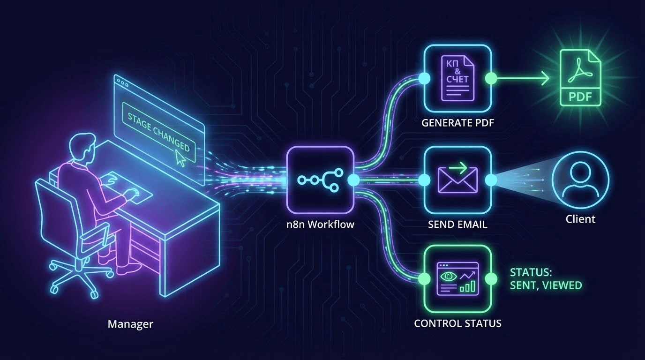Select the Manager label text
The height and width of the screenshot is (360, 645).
pyautogui.click(x=130, y=324)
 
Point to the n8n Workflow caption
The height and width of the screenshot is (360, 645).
pyautogui.click(x=320, y=225)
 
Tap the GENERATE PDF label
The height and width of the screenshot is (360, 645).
pyautogui.click(x=457, y=123)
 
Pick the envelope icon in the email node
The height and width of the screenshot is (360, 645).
pyautogui.click(x=457, y=180)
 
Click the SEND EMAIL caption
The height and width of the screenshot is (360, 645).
pyautogui.click(x=457, y=225)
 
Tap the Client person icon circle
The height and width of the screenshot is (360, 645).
pyautogui.click(x=580, y=180)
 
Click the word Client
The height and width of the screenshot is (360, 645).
pyautogui.click(x=580, y=219)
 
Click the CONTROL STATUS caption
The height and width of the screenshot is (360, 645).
pyautogui.click(x=457, y=323)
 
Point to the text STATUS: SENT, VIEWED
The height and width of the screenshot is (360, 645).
pyautogui.click(x=546, y=279)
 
